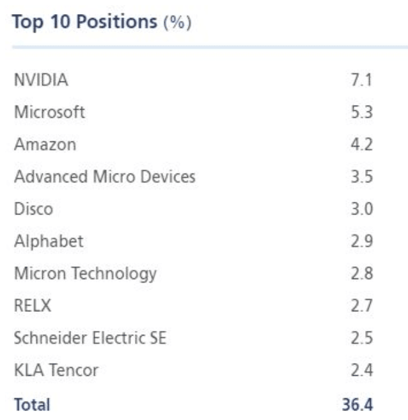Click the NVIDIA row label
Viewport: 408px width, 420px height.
click(40, 81)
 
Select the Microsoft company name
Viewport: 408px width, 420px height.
click(49, 113)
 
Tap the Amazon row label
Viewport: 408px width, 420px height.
click(45, 145)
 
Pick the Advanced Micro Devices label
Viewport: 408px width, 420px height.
click(104, 177)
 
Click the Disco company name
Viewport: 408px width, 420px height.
click(33, 209)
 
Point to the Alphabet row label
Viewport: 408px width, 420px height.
click(49, 241)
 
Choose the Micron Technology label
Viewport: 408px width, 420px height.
click(85, 274)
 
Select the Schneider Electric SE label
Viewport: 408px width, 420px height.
click(90, 338)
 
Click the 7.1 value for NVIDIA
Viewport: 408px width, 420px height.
click(362, 81)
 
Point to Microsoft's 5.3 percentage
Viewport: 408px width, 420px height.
click(362, 113)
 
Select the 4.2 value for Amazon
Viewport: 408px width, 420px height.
click(362, 145)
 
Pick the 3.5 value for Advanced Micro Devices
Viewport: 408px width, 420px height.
click(362, 177)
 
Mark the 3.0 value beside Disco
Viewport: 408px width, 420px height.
click(362, 209)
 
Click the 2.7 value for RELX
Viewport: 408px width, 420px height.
click(362, 306)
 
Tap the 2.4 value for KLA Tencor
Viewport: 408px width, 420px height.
click(362, 370)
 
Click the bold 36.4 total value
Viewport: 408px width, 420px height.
click(357, 404)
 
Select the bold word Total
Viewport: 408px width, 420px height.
click(32, 404)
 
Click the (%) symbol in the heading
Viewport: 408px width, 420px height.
click(179, 23)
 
